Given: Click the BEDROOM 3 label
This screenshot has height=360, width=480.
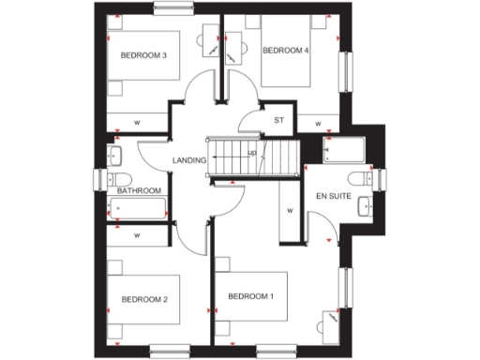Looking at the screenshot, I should pos(144,55).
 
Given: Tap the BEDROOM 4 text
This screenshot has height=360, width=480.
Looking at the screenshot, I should pos(285,51).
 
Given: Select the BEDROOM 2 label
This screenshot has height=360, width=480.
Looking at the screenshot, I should pos(144,299).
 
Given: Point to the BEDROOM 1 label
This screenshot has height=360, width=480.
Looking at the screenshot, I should pos(251,296).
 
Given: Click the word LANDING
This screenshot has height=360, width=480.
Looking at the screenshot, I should pos(188,160).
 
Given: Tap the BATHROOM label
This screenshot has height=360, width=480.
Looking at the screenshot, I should pos(137,190).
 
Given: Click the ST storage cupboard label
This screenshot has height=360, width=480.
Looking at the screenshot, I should pos(278,120).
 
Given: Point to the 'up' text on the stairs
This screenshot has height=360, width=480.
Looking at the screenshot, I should pos(251,153).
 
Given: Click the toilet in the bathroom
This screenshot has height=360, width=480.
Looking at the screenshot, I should pos(117,179).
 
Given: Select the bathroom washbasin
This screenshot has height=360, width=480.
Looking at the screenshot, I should pos(117,154).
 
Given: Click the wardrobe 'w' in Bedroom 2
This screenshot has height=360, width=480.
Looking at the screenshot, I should pos(137,235).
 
